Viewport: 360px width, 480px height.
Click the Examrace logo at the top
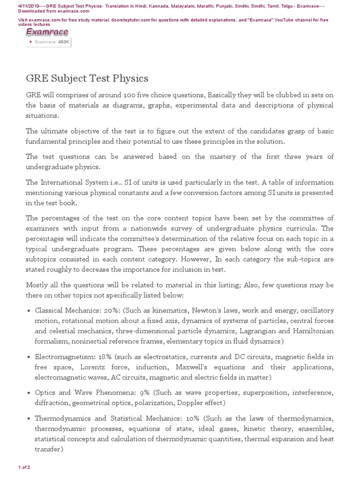coord(47,32)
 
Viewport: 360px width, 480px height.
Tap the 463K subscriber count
coord(63,42)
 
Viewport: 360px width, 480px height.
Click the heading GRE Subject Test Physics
coord(87,78)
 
